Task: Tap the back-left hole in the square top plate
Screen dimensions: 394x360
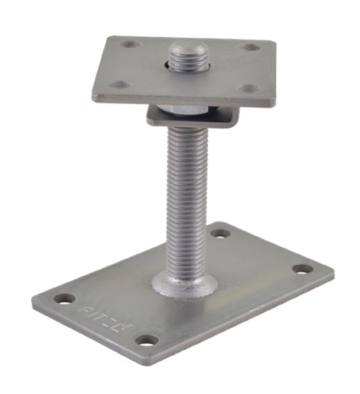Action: pyautogui.click(x=129, y=44)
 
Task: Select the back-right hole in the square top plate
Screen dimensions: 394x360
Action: pyautogui.click(x=251, y=47)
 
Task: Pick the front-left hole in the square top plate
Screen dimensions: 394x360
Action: pyautogui.click(x=120, y=84)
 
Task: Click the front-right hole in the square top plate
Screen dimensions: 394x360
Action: pyautogui.click(x=249, y=88)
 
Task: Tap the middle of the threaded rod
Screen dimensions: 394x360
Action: pyautogui.click(x=186, y=198)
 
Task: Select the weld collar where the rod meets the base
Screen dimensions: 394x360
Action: pyautogui.click(x=186, y=283)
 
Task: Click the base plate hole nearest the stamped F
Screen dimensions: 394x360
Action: pyautogui.click(x=65, y=299)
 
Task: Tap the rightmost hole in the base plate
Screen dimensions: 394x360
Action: pyautogui.click(x=302, y=269)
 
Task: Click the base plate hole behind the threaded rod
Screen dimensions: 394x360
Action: pyautogui.click(x=220, y=233)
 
